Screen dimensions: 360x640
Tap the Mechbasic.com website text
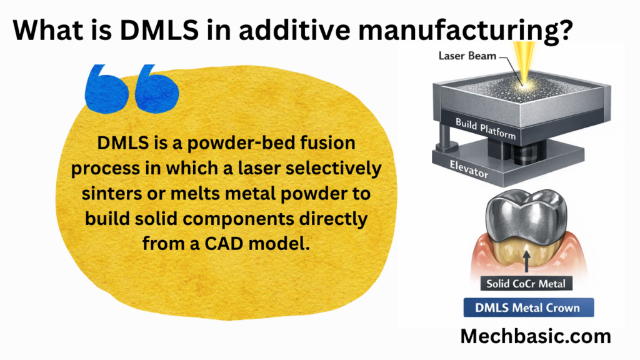tap(536, 337)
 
